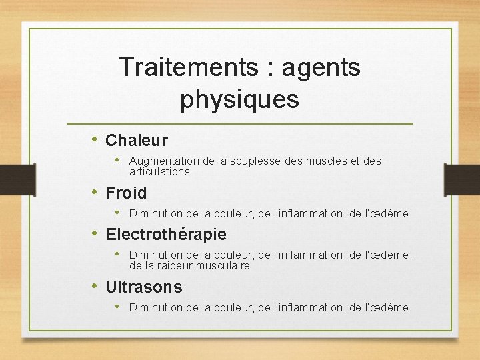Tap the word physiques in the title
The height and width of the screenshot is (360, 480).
click(x=239, y=99)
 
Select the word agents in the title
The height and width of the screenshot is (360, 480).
click(x=321, y=67)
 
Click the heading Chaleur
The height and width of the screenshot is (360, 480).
click(x=137, y=141)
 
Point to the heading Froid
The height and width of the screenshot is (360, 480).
click(x=126, y=193)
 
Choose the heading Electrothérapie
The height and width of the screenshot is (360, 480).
click(x=166, y=235)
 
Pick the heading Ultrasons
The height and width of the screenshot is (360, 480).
click(x=144, y=287)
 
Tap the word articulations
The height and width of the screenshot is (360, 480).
click(x=159, y=172)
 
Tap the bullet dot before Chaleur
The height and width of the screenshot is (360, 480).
click(x=95, y=139)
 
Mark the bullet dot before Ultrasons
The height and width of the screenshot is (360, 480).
click(x=95, y=286)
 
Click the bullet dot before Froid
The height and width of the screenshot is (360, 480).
click(x=95, y=192)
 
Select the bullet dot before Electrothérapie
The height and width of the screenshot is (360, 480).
click(x=95, y=233)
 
